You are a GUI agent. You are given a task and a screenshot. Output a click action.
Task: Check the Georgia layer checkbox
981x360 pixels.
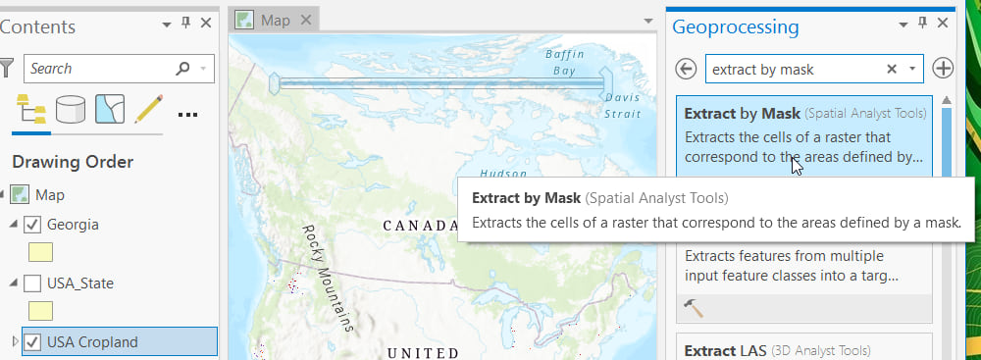click(31, 225)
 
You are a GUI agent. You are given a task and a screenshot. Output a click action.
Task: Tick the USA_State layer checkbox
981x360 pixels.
click(31, 283)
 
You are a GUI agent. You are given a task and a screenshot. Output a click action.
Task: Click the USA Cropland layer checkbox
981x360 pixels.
click(31, 342)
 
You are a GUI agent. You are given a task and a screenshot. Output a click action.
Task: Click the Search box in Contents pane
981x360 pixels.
click(98, 69)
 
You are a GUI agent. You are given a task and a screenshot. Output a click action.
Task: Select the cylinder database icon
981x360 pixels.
click(70, 110)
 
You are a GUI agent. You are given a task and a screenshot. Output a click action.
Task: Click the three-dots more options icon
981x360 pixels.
click(187, 114)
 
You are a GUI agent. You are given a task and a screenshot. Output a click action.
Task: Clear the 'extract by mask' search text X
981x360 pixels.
click(892, 69)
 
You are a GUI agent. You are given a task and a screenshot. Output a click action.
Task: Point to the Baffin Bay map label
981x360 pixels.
click(564, 62)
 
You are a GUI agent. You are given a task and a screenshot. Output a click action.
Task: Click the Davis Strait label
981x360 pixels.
click(622, 106)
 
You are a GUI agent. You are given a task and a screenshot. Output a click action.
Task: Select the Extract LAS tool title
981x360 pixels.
click(722, 350)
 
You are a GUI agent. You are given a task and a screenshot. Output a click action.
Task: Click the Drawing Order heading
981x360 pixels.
click(73, 162)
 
